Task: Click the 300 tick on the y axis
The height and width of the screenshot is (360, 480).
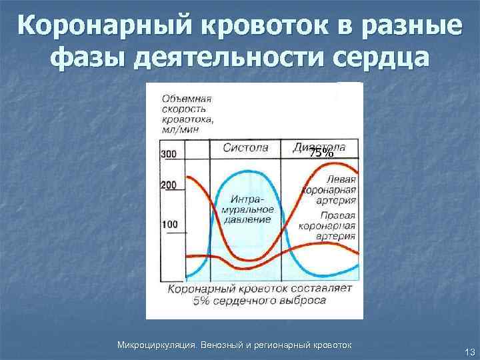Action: [169, 154]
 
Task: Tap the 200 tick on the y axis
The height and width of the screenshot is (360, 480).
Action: [169, 185]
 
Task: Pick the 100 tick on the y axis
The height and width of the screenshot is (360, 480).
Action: [169, 224]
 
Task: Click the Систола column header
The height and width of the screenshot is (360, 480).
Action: [245, 147]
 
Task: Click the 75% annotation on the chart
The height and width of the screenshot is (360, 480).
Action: [321, 153]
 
